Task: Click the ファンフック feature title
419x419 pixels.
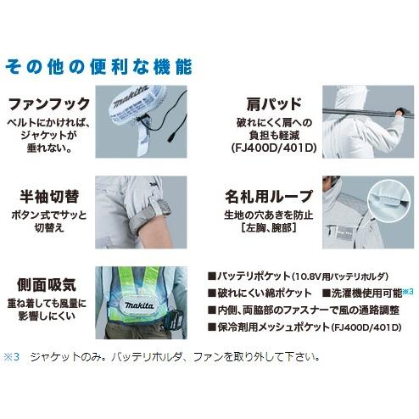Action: [48, 104]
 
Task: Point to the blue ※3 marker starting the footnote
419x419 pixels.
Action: [10, 357]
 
